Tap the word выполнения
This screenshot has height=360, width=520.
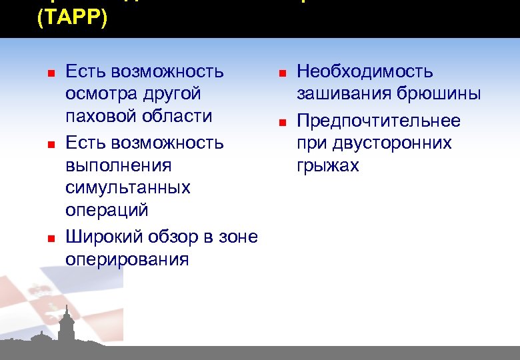point(119,165)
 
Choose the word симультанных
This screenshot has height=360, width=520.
point(128,188)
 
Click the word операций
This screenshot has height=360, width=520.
point(107,210)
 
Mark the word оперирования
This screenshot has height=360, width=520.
point(127,259)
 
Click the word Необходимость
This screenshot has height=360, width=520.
point(365,71)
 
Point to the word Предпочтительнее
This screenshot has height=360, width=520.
point(378,121)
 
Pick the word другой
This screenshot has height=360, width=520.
point(176,94)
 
